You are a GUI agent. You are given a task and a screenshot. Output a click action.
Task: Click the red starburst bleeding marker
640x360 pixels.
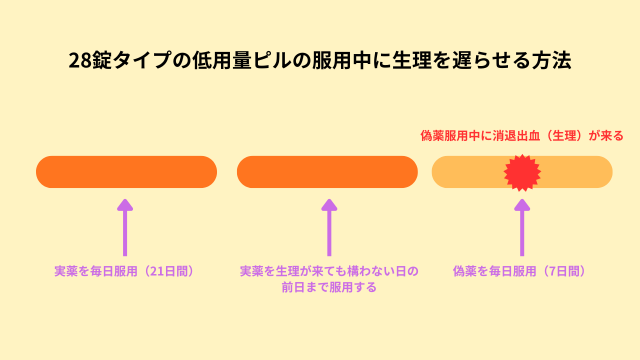(521, 172)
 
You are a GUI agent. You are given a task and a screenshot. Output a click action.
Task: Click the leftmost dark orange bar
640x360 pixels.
(126, 172)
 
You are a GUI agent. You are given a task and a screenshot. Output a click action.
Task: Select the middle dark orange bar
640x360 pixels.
(327, 172)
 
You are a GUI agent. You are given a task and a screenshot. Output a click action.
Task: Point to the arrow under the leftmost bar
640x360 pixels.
(125, 226)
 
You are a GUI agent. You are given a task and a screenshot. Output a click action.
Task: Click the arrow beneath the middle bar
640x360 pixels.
(328, 226)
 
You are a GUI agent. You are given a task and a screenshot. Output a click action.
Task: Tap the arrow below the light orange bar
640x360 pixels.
(521, 226)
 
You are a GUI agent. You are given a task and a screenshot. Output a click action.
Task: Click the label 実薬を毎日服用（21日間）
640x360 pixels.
(124, 271)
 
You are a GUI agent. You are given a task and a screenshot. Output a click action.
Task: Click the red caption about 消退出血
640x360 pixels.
(521, 135)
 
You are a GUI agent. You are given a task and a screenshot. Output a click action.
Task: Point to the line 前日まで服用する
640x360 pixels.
(328, 287)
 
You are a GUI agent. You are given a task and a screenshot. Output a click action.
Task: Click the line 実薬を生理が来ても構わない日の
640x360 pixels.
(328, 271)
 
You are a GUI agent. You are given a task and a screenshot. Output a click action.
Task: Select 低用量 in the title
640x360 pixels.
(240, 61)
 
